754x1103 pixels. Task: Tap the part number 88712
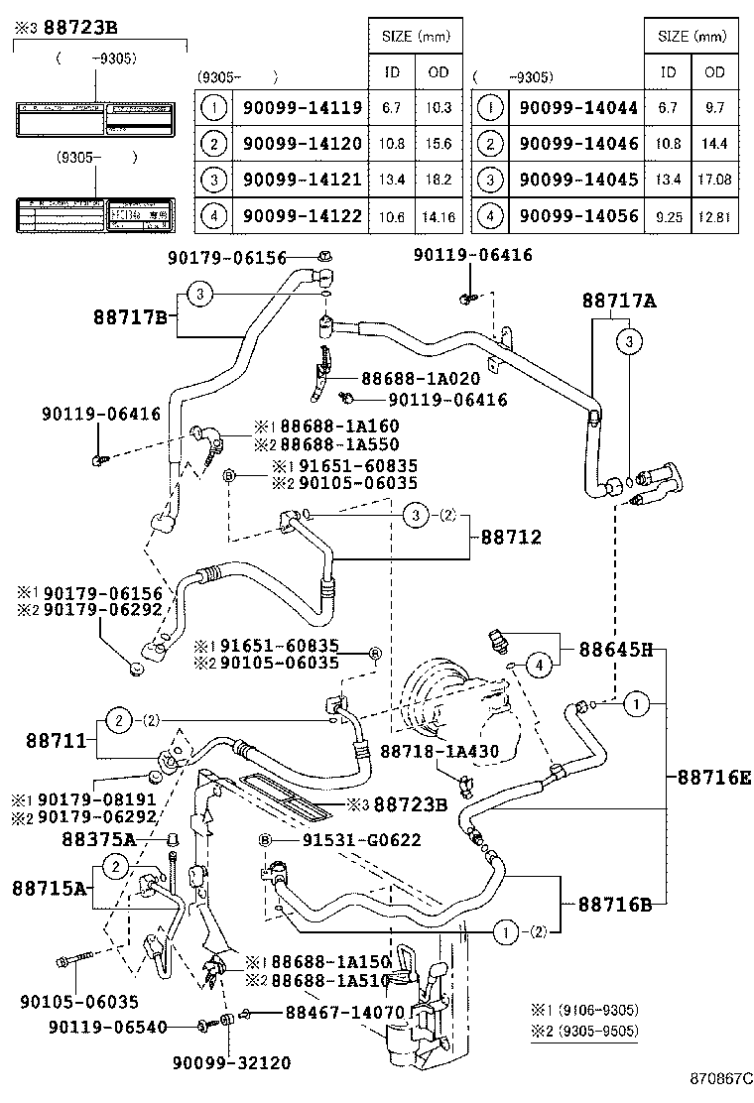pos(512,537)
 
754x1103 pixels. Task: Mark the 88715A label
pos(50,887)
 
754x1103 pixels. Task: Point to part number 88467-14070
pos(344,1012)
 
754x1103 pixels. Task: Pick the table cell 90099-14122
pos(302,214)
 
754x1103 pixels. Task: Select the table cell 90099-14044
pos(578,107)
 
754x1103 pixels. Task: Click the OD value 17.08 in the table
pos(714,180)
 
